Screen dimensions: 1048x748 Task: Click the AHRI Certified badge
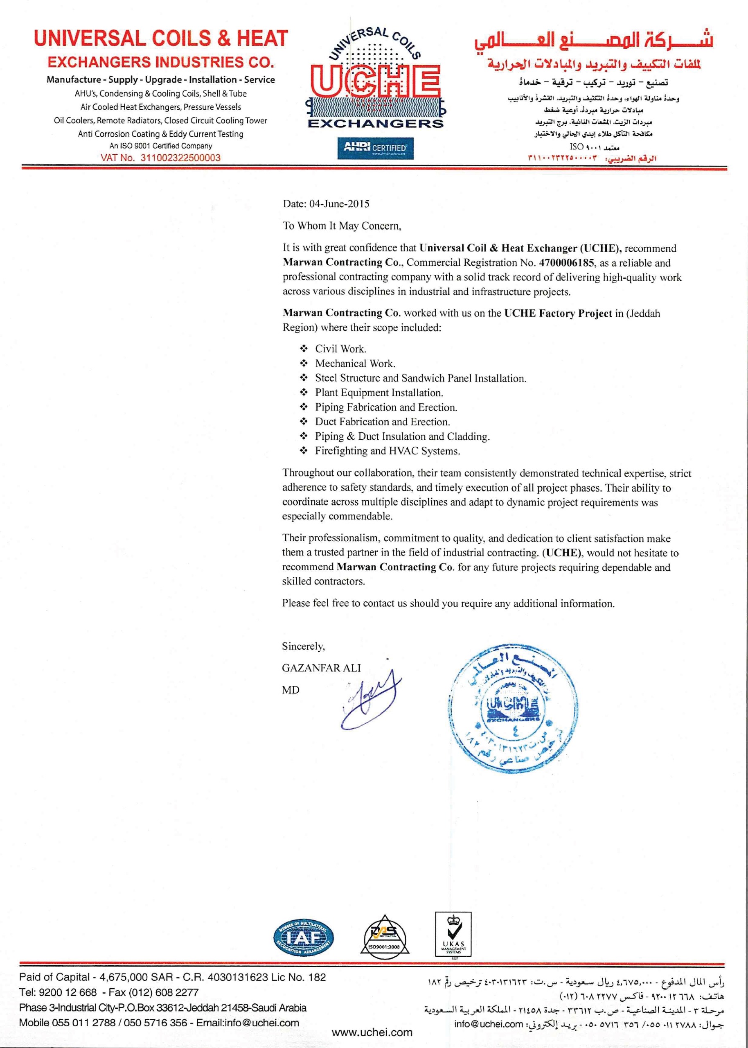coord(375,148)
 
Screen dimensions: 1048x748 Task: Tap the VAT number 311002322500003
coord(180,158)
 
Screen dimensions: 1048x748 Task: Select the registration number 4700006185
coord(566,262)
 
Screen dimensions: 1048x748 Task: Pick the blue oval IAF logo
coord(304,937)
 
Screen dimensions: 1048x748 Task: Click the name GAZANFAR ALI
coord(322,668)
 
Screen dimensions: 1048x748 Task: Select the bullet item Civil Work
coord(341,349)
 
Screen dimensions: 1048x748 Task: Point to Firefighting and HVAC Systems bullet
coord(388,451)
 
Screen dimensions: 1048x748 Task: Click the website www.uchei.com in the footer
coord(372,1032)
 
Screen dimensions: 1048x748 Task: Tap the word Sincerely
coord(303,646)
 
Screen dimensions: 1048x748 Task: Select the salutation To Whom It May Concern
coord(342,226)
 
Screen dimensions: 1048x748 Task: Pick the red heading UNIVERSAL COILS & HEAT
coord(161,39)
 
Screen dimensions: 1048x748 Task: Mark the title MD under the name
coord(291,690)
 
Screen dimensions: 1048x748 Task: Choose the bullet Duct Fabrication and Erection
coord(382,422)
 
